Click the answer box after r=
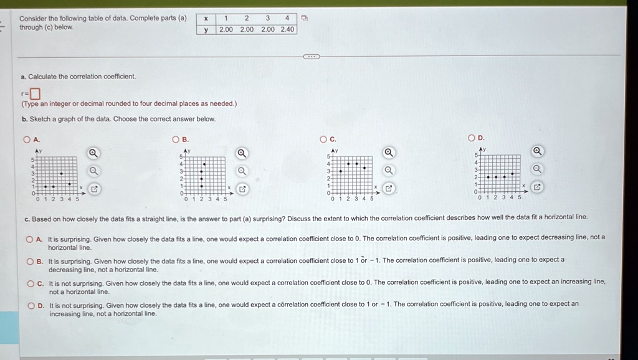(36, 94)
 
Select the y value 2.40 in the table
(287, 29)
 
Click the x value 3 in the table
(267, 18)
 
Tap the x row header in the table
(206, 19)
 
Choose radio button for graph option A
(27, 140)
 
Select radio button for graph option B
(176, 140)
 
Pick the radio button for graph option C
(323, 139)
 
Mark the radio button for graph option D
(472, 138)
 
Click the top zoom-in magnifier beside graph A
(93, 153)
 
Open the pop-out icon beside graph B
(242, 189)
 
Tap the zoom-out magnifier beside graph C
(389, 171)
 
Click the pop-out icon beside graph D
(537, 187)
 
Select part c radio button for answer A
(29, 240)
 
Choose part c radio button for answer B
(30, 262)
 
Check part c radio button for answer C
(31, 283)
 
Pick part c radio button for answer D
(31, 305)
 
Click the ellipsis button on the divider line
(312, 57)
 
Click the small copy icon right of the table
(304, 18)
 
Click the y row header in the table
(206, 30)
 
